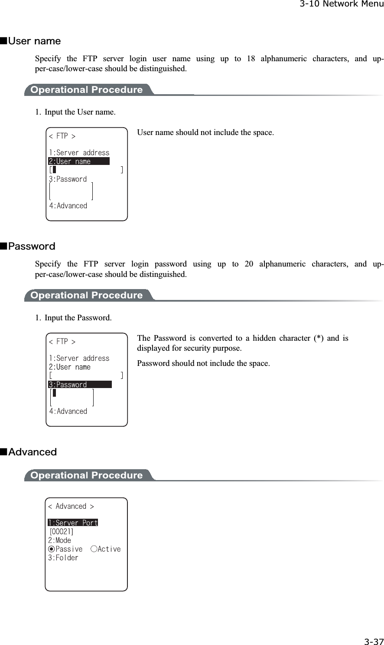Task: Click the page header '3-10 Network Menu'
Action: click(341, 4)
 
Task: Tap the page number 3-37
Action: click(373, 642)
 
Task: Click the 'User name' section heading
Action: click(34, 41)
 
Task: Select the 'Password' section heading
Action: click(32, 247)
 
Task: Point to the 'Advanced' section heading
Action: click(33, 452)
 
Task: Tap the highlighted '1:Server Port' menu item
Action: click(73, 523)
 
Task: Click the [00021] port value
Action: click(61, 532)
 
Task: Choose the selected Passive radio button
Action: click(51, 549)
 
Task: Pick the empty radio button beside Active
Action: click(94, 549)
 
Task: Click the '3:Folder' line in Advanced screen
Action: click(63, 558)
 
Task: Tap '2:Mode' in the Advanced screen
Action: click(59, 540)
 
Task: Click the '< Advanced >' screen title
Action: click(71, 507)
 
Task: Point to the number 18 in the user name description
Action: click(251, 59)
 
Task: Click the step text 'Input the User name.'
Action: click(80, 112)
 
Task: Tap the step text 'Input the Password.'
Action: click(78, 318)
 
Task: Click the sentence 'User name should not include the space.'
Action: click(205, 132)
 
